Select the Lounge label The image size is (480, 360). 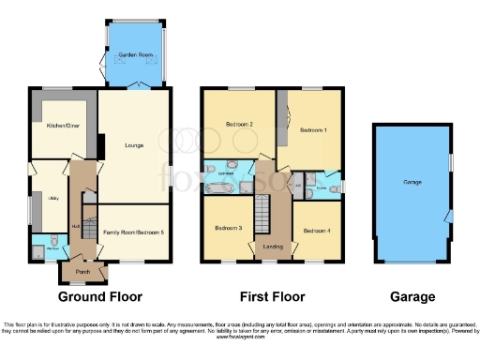pos(134,145)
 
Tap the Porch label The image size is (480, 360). pos(82,274)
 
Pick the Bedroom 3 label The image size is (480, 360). pos(228,228)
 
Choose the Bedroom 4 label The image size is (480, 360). pos(316,230)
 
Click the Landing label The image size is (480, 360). pos(271,247)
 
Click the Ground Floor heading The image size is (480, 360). pos(100,297)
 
